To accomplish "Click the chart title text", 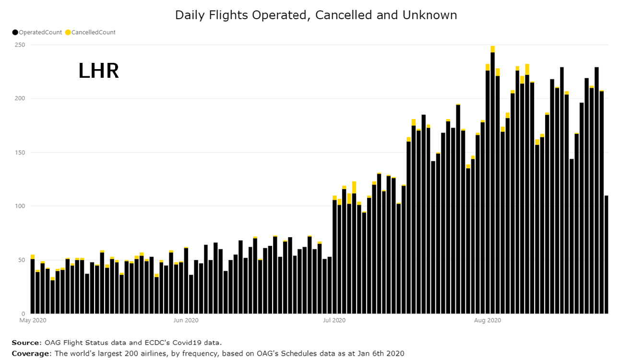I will click(316, 15).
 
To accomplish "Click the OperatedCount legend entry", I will click(40, 32).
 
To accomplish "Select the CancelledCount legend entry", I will click(93, 32).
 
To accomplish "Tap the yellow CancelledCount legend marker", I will click(68, 32).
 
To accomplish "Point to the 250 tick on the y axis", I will click(20, 45).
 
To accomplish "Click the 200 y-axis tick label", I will click(20, 98).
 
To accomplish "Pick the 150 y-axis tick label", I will click(20, 153).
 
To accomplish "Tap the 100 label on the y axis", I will click(20, 206).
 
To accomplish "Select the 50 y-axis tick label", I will click(22, 260).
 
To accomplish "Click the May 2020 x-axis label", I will click(33, 320).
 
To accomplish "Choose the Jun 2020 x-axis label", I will click(185, 320).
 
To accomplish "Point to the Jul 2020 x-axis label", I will click(334, 320).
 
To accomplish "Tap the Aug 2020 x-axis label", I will click(488, 320).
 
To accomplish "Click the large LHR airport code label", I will click(98, 71).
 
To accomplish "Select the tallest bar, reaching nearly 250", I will click(492, 182).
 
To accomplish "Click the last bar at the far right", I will click(606, 254).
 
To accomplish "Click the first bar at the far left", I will click(33, 286).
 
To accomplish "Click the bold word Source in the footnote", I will click(26, 343).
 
